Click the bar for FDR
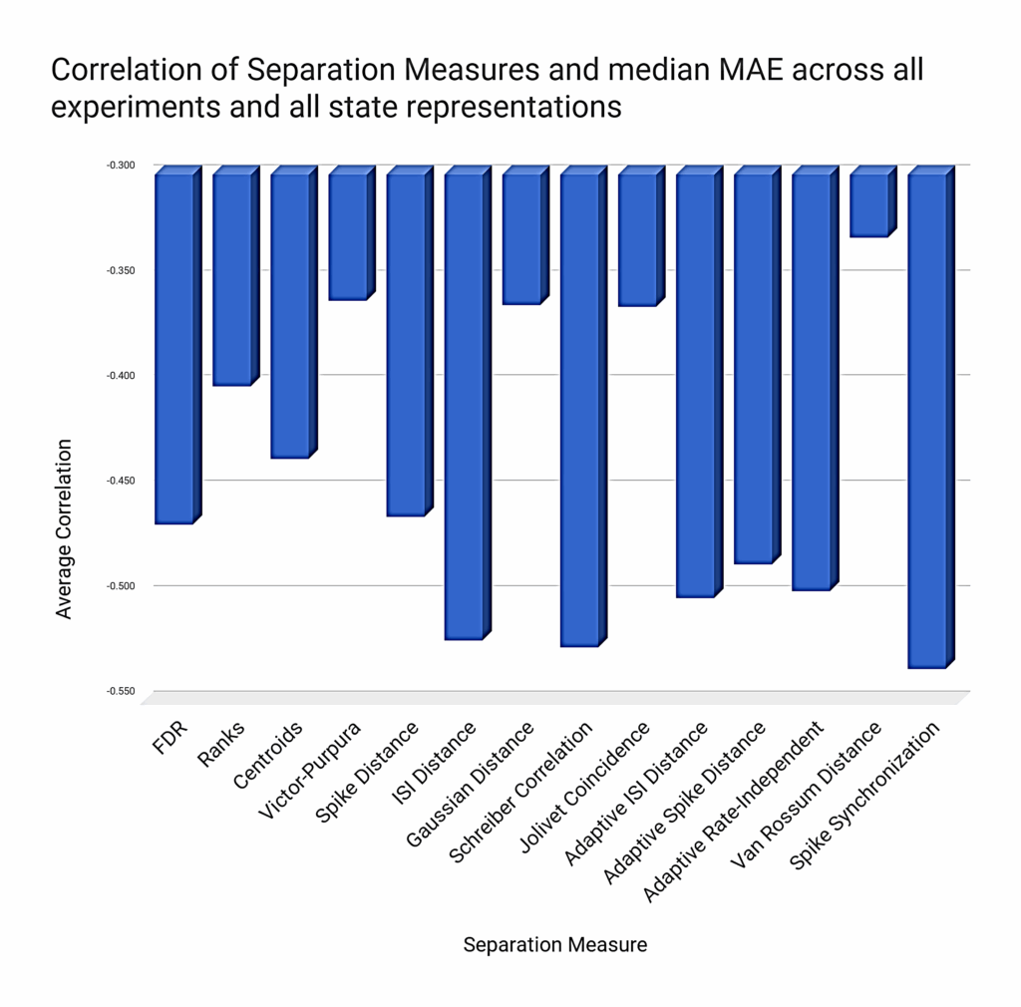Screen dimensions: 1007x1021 173,348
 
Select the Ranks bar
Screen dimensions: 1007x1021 231,279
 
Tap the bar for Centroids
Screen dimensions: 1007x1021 289,315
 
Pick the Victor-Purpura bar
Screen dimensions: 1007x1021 347,236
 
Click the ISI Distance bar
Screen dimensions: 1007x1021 463,406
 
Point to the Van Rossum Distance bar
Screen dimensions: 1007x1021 867,204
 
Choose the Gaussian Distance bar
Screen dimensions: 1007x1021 520,239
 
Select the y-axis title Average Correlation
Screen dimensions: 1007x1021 65,528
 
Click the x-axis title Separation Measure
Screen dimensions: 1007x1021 554,944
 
